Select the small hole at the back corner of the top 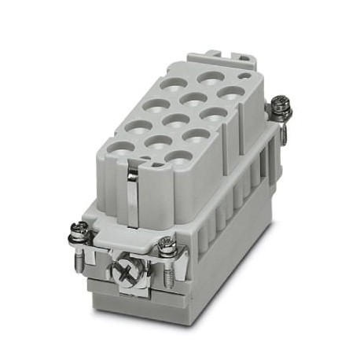click(x=245, y=77)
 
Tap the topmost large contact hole click(x=209, y=78)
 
